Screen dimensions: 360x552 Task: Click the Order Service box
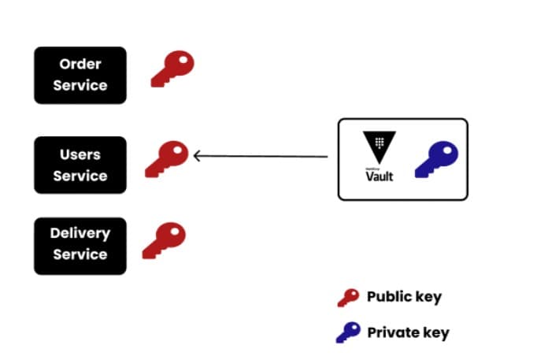coord(80,75)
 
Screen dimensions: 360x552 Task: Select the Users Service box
coord(80,165)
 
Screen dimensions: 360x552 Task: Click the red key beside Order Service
coord(172,68)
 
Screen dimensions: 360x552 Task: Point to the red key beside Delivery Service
coord(164,240)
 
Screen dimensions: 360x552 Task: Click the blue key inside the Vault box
coord(436,158)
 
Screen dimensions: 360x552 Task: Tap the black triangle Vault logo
coord(379,148)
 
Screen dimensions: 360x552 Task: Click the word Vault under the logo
coord(379,176)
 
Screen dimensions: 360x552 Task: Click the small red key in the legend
coord(348,297)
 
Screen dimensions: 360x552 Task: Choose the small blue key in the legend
coord(348,332)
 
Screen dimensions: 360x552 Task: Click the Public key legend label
coord(404,297)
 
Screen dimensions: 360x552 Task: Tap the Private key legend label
coord(408,332)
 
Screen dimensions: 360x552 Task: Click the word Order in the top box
coord(80,64)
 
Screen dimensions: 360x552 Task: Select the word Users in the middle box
coord(80,154)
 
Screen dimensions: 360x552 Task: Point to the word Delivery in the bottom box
coord(80,233)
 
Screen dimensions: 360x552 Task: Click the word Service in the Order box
coord(80,85)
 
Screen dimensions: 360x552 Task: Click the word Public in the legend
coord(388,297)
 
